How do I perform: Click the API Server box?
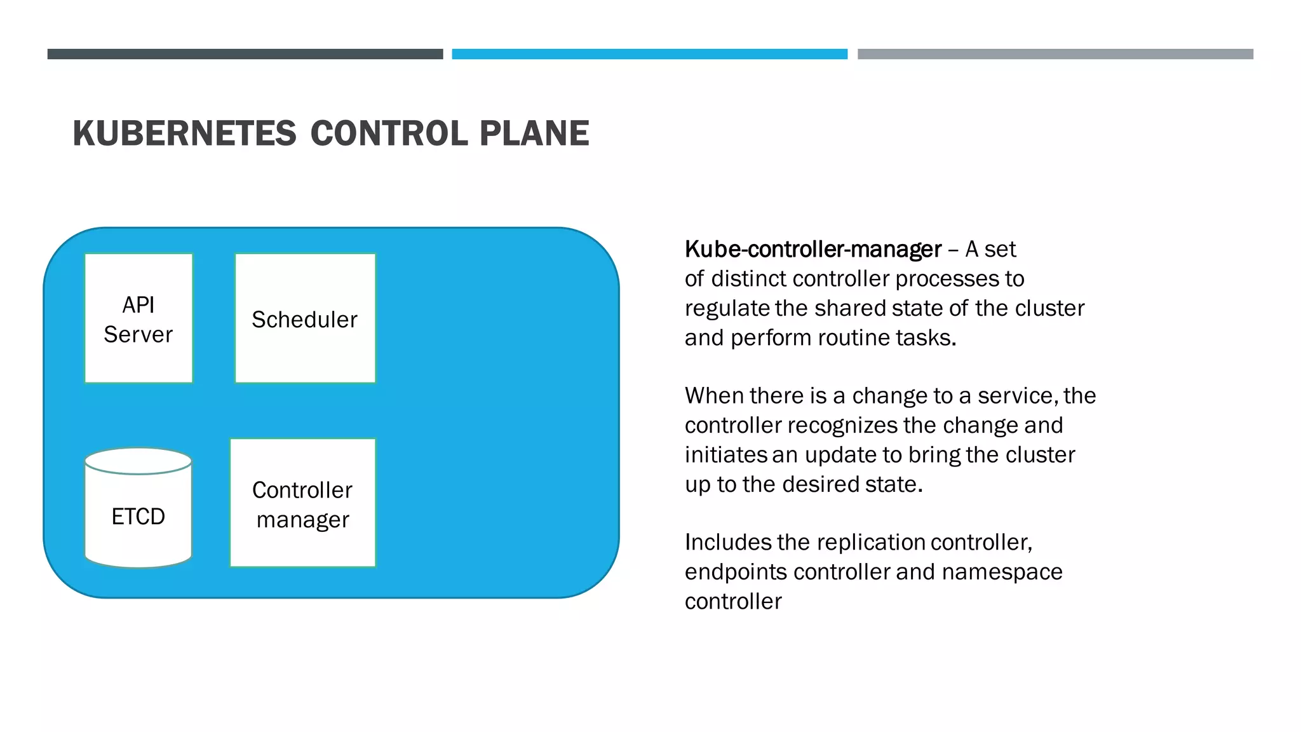(x=138, y=318)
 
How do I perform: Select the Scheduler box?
(x=305, y=318)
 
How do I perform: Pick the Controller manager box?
(x=302, y=503)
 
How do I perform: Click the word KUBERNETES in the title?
(x=184, y=133)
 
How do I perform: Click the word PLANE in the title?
(x=534, y=133)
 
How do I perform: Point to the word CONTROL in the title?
(x=388, y=133)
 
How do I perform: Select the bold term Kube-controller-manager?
(x=812, y=249)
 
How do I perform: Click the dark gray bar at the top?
(x=245, y=54)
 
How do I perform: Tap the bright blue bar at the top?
(x=649, y=54)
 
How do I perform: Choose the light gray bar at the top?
(x=1055, y=54)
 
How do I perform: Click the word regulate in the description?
(x=727, y=309)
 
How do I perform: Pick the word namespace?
(x=1002, y=573)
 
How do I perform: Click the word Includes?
(x=727, y=543)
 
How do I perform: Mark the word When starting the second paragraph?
(x=713, y=396)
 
